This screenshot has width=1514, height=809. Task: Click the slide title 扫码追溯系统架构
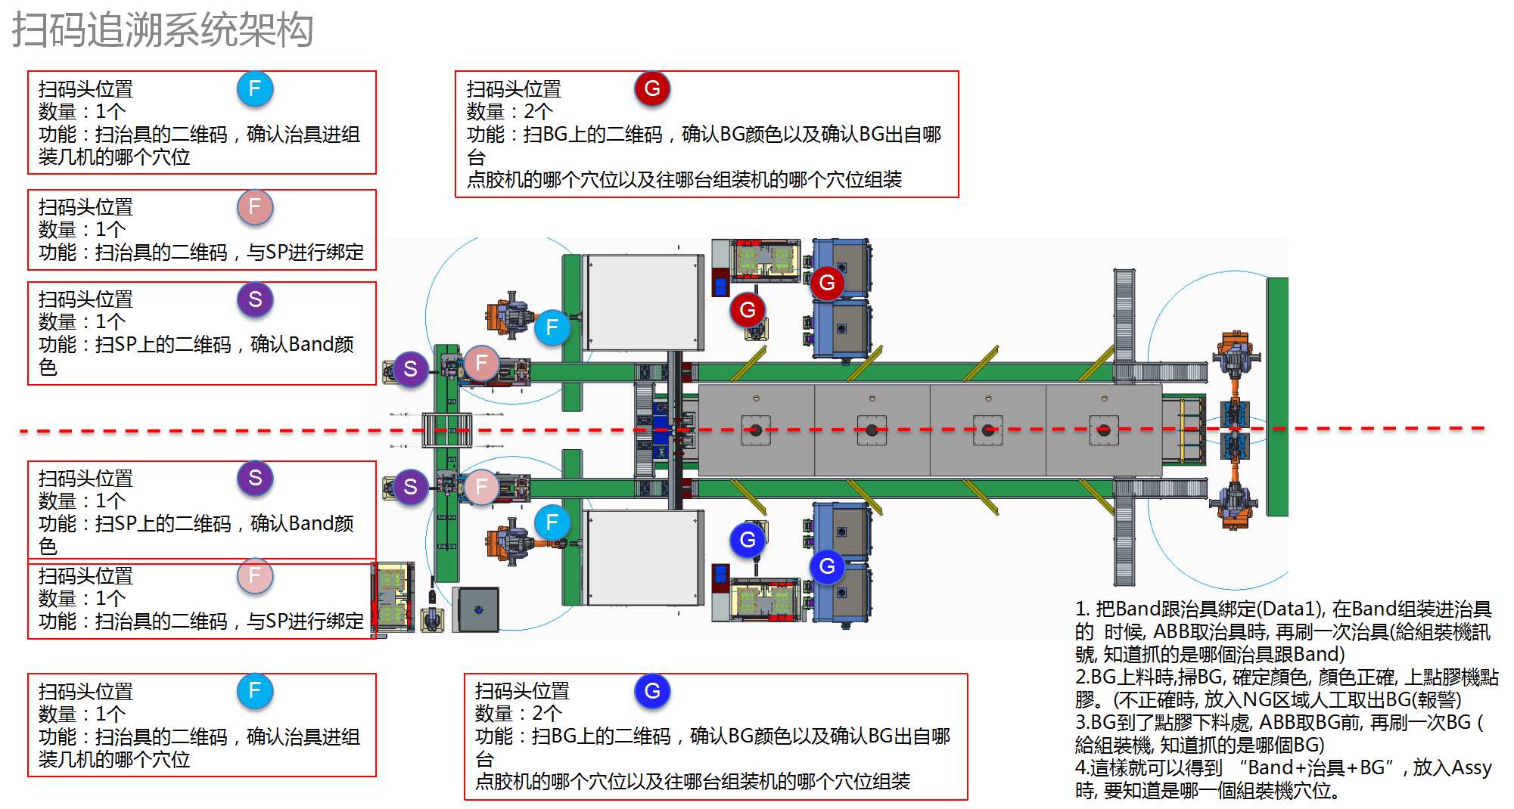coord(162,30)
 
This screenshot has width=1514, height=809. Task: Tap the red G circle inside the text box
coord(652,88)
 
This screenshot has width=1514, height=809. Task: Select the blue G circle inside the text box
coord(652,690)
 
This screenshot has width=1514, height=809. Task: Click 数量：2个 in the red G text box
coord(509,112)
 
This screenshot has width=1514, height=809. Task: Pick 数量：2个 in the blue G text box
coord(518,714)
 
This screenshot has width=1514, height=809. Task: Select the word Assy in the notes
coord(1470,768)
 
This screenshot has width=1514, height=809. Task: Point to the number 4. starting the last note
coord(1082,769)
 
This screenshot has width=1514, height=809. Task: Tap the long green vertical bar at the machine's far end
coord(1277,397)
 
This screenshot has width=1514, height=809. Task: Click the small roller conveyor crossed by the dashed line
coord(446,430)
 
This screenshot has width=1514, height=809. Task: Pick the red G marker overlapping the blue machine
coord(827,283)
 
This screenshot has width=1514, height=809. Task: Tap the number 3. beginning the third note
coord(1082,724)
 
